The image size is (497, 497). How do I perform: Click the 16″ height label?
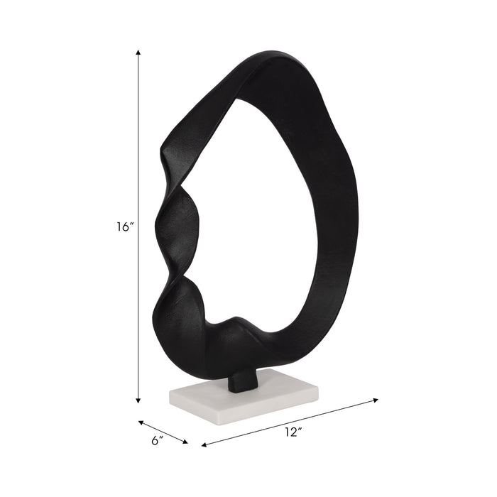tap(126, 227)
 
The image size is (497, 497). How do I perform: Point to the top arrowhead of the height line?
tap(138, 53)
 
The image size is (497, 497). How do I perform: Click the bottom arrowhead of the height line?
tap(138, 401)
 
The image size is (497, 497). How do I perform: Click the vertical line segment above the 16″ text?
tap(138, 135)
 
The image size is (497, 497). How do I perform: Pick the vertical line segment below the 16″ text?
tap(138, 319)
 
